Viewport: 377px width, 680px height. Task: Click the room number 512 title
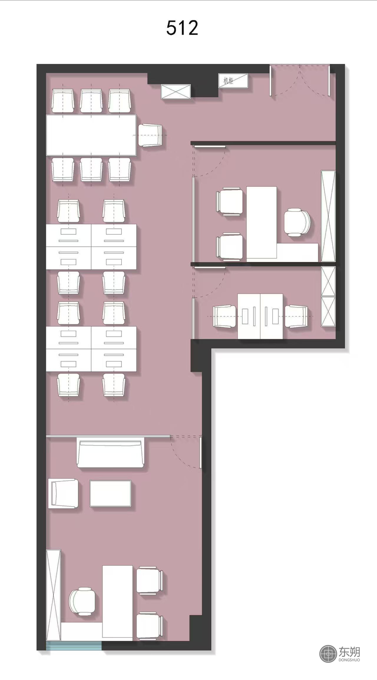tap(182, 28)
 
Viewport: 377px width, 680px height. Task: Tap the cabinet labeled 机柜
tap(233, 81)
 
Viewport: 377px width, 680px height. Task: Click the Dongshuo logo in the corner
tap(339, 654)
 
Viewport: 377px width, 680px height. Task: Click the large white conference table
tap(91, 135)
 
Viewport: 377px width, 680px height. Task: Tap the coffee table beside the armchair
tap(110, 493)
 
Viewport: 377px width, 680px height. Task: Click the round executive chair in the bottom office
tap(82, 602)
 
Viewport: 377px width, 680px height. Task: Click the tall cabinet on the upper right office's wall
tap(328, 216)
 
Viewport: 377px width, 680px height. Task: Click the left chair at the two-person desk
tap(224, 316)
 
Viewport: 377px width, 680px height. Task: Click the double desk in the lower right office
tap(260, 316)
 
